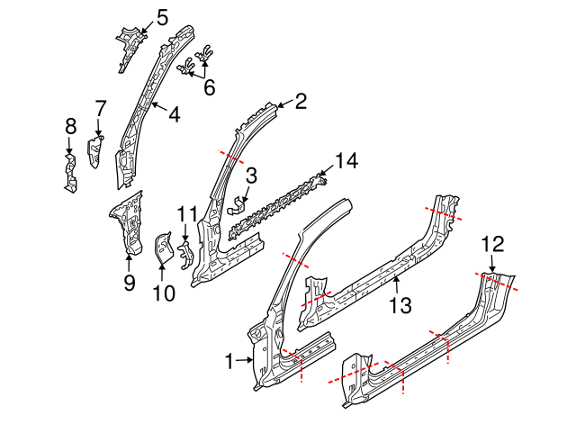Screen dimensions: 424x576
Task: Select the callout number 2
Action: tap(301, 102)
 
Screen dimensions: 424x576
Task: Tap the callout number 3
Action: tap(252, 175)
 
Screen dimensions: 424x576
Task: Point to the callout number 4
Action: tap(174, 114)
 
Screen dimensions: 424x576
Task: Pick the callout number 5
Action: tap(162, 16)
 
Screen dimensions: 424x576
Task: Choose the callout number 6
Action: tap(210, 87)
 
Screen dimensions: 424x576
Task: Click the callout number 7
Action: tap(101, 107)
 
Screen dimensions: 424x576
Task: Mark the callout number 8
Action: tap(69, 126)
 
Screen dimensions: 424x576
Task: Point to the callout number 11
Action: tap(185, 213)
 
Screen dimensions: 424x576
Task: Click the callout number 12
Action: tap(492, 242)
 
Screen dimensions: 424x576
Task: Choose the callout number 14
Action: tap(346, 161)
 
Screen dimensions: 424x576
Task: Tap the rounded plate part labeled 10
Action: tap(164, 248)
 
